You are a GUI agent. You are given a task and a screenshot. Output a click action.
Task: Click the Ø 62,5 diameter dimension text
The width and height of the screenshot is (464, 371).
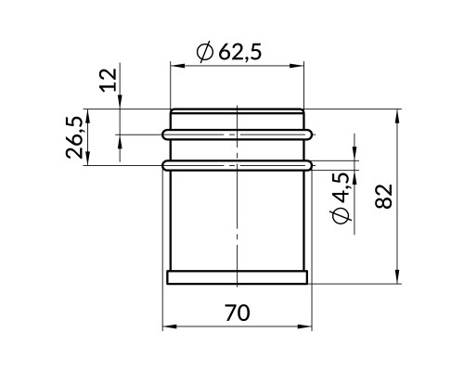(229, 52)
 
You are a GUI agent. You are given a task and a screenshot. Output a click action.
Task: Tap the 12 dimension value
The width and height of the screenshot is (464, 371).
(109, 80)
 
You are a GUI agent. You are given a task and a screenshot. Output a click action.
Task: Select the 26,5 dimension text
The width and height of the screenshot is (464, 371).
(74, 137)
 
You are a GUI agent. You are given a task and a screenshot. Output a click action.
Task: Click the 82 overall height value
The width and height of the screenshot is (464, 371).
(383, 197)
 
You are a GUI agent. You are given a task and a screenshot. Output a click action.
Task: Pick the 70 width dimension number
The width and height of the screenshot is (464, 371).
(237, 313)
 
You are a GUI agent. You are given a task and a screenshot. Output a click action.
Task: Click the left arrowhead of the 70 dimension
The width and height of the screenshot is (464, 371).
(169, 326)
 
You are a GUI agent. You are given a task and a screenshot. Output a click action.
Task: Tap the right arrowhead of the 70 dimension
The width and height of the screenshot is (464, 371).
(305, 326)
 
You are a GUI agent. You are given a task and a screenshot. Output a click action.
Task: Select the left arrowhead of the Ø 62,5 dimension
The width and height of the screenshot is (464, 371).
(177, 66)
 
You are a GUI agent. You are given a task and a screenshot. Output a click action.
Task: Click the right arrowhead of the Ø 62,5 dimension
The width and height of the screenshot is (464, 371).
(297, 66)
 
